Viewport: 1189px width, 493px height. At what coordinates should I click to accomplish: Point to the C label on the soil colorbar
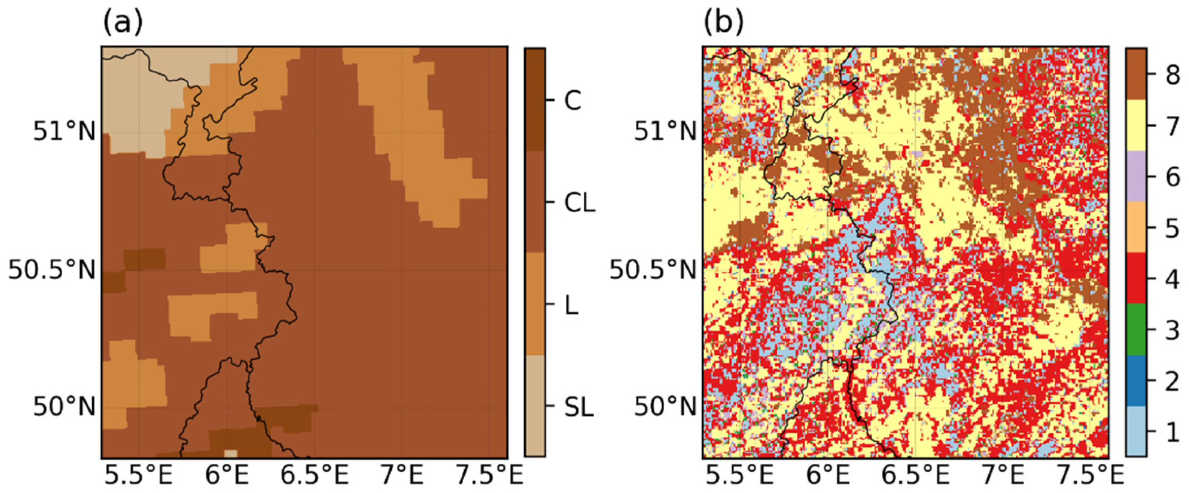(x=572, y=100)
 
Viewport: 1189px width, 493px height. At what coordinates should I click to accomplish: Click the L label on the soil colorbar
(x=572, y=305)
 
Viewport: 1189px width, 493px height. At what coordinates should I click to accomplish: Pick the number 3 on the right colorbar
(x=1173, y=331)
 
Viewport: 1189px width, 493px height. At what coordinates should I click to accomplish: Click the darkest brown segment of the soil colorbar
(x=535, y=99)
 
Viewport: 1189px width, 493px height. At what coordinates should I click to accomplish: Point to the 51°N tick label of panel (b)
(x=665, y=133)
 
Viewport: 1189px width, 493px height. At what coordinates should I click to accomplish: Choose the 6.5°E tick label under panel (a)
(x=315, y=476)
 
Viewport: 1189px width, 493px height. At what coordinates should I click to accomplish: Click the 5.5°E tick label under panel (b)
(x=740, y=476)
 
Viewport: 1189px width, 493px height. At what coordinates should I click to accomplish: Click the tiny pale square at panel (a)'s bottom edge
(x=230, y=454)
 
